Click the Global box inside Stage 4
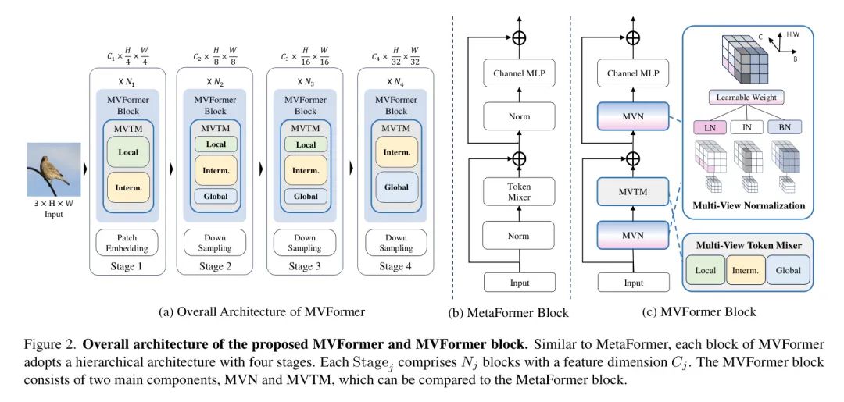pos(396,187)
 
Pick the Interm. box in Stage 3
pos(306,169)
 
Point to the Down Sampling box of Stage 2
pos(216,243)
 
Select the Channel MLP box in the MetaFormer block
pos(519,75)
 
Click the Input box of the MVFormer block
pos(634,283)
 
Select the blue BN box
pos(784,126)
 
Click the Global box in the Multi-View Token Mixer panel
pos(788,270)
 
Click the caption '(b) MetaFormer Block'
pos(508,313)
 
